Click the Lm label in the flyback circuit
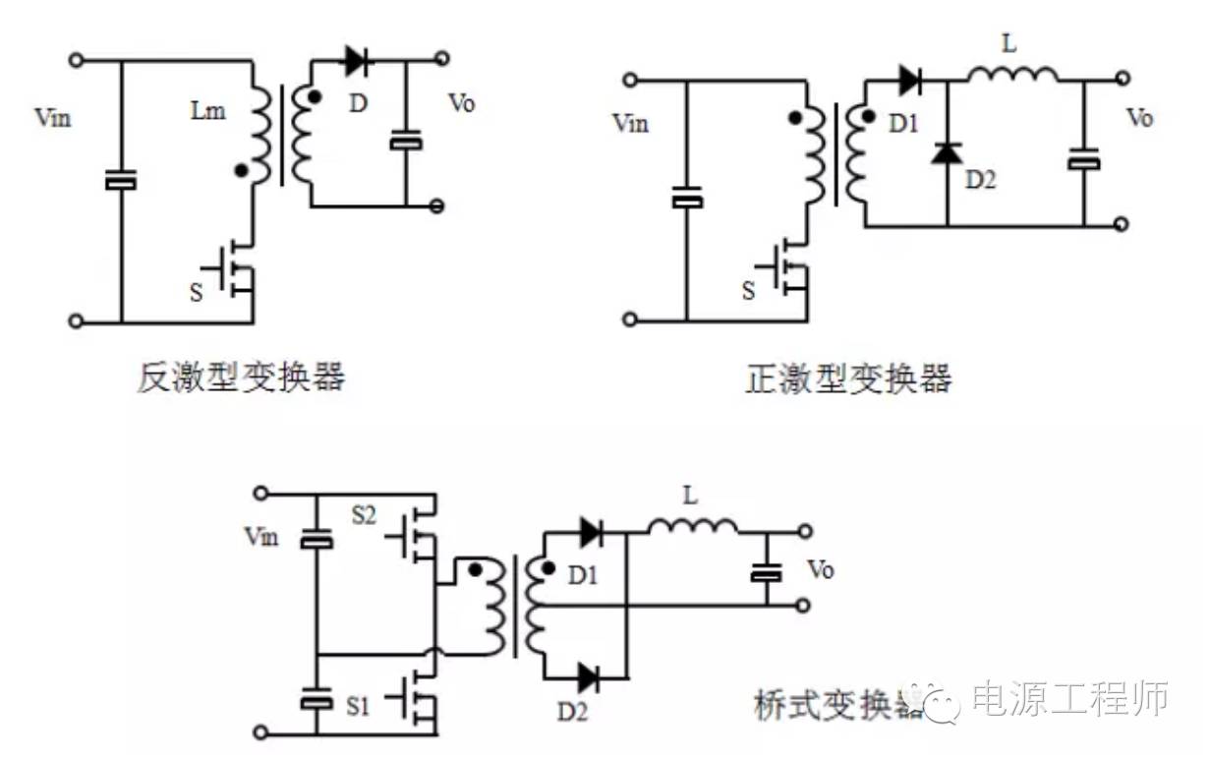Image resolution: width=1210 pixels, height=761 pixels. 208,111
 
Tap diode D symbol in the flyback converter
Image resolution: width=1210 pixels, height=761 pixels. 356,61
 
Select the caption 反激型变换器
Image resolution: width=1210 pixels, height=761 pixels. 241,378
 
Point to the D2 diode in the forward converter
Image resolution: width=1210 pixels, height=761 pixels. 947,153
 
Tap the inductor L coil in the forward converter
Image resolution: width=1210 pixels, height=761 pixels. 1012,75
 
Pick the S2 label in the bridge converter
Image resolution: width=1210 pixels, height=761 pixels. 364,514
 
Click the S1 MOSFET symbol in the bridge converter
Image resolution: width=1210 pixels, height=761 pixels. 419,699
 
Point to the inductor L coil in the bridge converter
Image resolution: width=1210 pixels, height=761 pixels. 692,528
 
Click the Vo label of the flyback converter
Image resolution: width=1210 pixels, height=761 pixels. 461,103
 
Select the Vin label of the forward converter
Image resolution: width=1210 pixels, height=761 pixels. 630,123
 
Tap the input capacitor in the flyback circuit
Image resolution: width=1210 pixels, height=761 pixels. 121,181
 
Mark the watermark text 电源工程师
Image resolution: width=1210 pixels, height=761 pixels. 1069,699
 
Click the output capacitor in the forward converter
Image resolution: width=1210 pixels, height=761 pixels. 1084,159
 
